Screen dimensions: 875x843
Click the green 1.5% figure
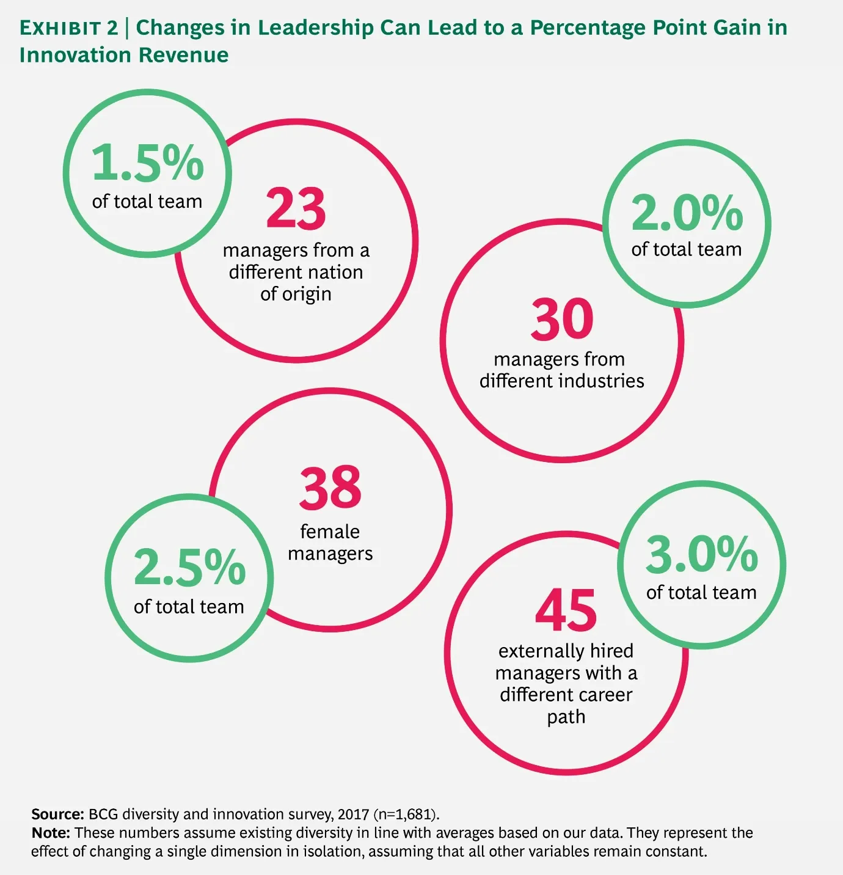(147, 163)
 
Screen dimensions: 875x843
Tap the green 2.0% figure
(687, 213)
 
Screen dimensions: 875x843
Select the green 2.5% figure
(189, 568)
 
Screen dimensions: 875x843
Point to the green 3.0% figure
(701, 554)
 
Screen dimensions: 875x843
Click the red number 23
(296, 209)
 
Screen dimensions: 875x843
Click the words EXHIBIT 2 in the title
(68, 28)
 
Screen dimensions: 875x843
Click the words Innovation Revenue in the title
(124, 55)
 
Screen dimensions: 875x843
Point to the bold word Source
(57, 814)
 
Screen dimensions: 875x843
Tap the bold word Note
(51, 833)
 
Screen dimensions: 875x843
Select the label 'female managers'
(330, 543)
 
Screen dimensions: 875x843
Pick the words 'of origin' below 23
(296, 294)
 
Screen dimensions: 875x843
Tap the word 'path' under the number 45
(566, 717)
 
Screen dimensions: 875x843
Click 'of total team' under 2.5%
(189, 607)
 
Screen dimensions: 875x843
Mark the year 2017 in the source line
(353, 815)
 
